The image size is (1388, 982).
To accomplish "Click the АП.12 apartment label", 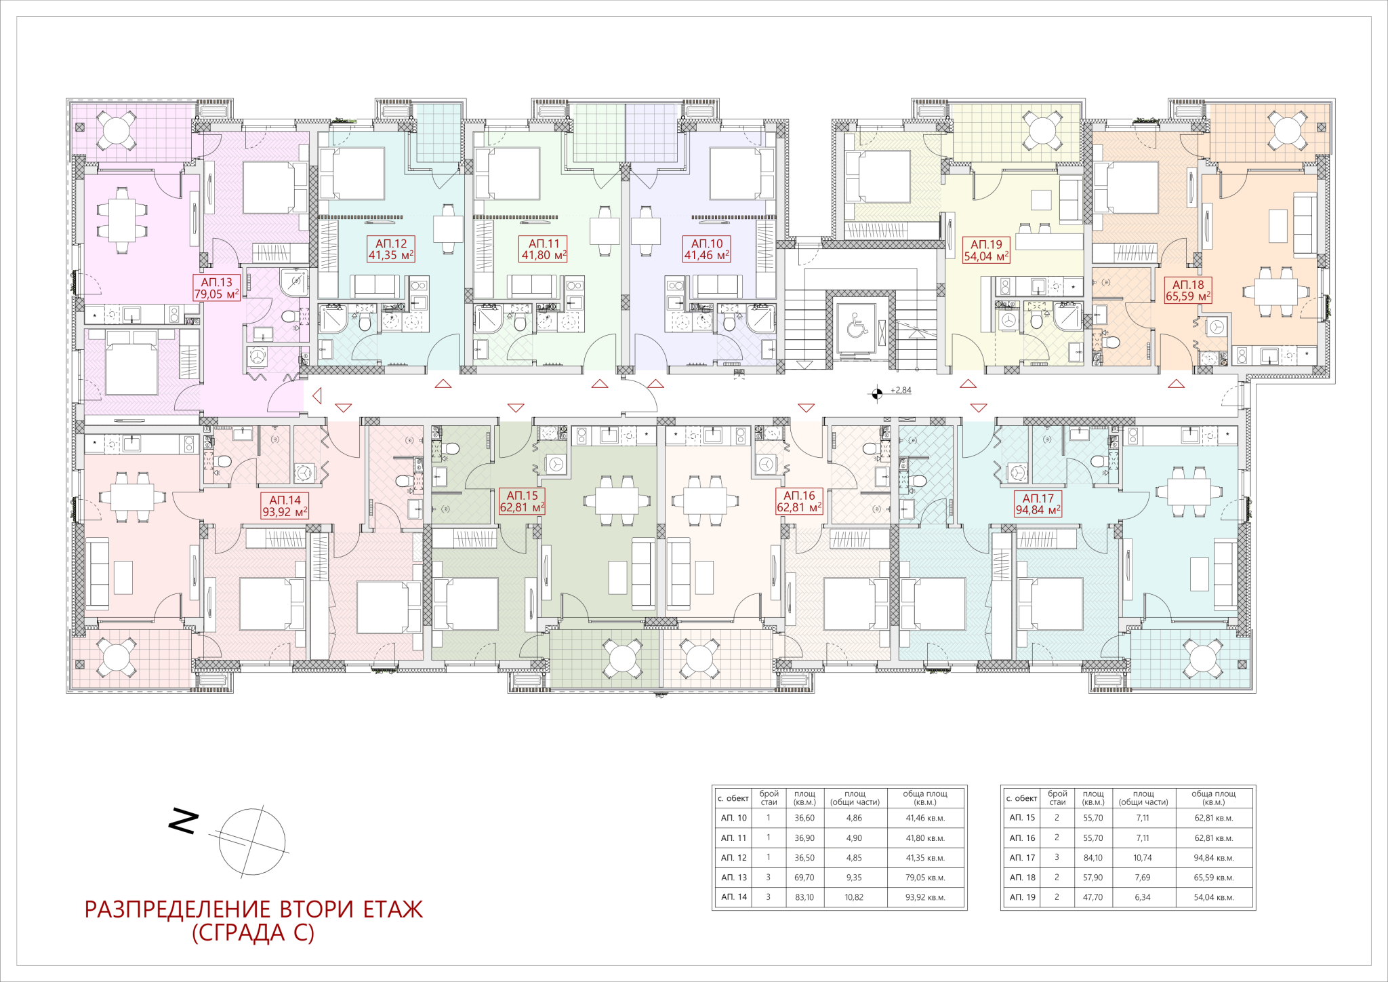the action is (391, 250).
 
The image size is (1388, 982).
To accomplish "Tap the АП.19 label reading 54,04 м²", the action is (986, 251).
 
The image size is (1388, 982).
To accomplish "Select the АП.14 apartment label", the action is (285, 506).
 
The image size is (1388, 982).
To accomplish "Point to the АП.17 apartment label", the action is (1038, 504).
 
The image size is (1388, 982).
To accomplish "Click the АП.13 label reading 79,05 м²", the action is (216, 288).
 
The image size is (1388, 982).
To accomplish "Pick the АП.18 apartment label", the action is (1188, 290).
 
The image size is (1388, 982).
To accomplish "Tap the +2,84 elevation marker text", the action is (901, 391).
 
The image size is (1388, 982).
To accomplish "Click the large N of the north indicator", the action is (183, 821).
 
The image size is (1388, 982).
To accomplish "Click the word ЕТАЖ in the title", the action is (393, 909).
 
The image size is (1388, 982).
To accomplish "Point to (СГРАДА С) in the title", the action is (253, 933).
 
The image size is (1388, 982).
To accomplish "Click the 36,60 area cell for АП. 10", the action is (804, 818).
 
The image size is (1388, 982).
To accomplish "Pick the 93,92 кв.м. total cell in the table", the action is (925, 897).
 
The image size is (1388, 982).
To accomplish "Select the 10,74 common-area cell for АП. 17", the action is (1143, 858).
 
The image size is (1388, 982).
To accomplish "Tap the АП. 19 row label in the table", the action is (1022, 897).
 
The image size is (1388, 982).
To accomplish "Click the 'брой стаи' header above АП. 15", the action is (1057, 798).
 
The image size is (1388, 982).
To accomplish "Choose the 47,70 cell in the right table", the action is (1093, 897).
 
